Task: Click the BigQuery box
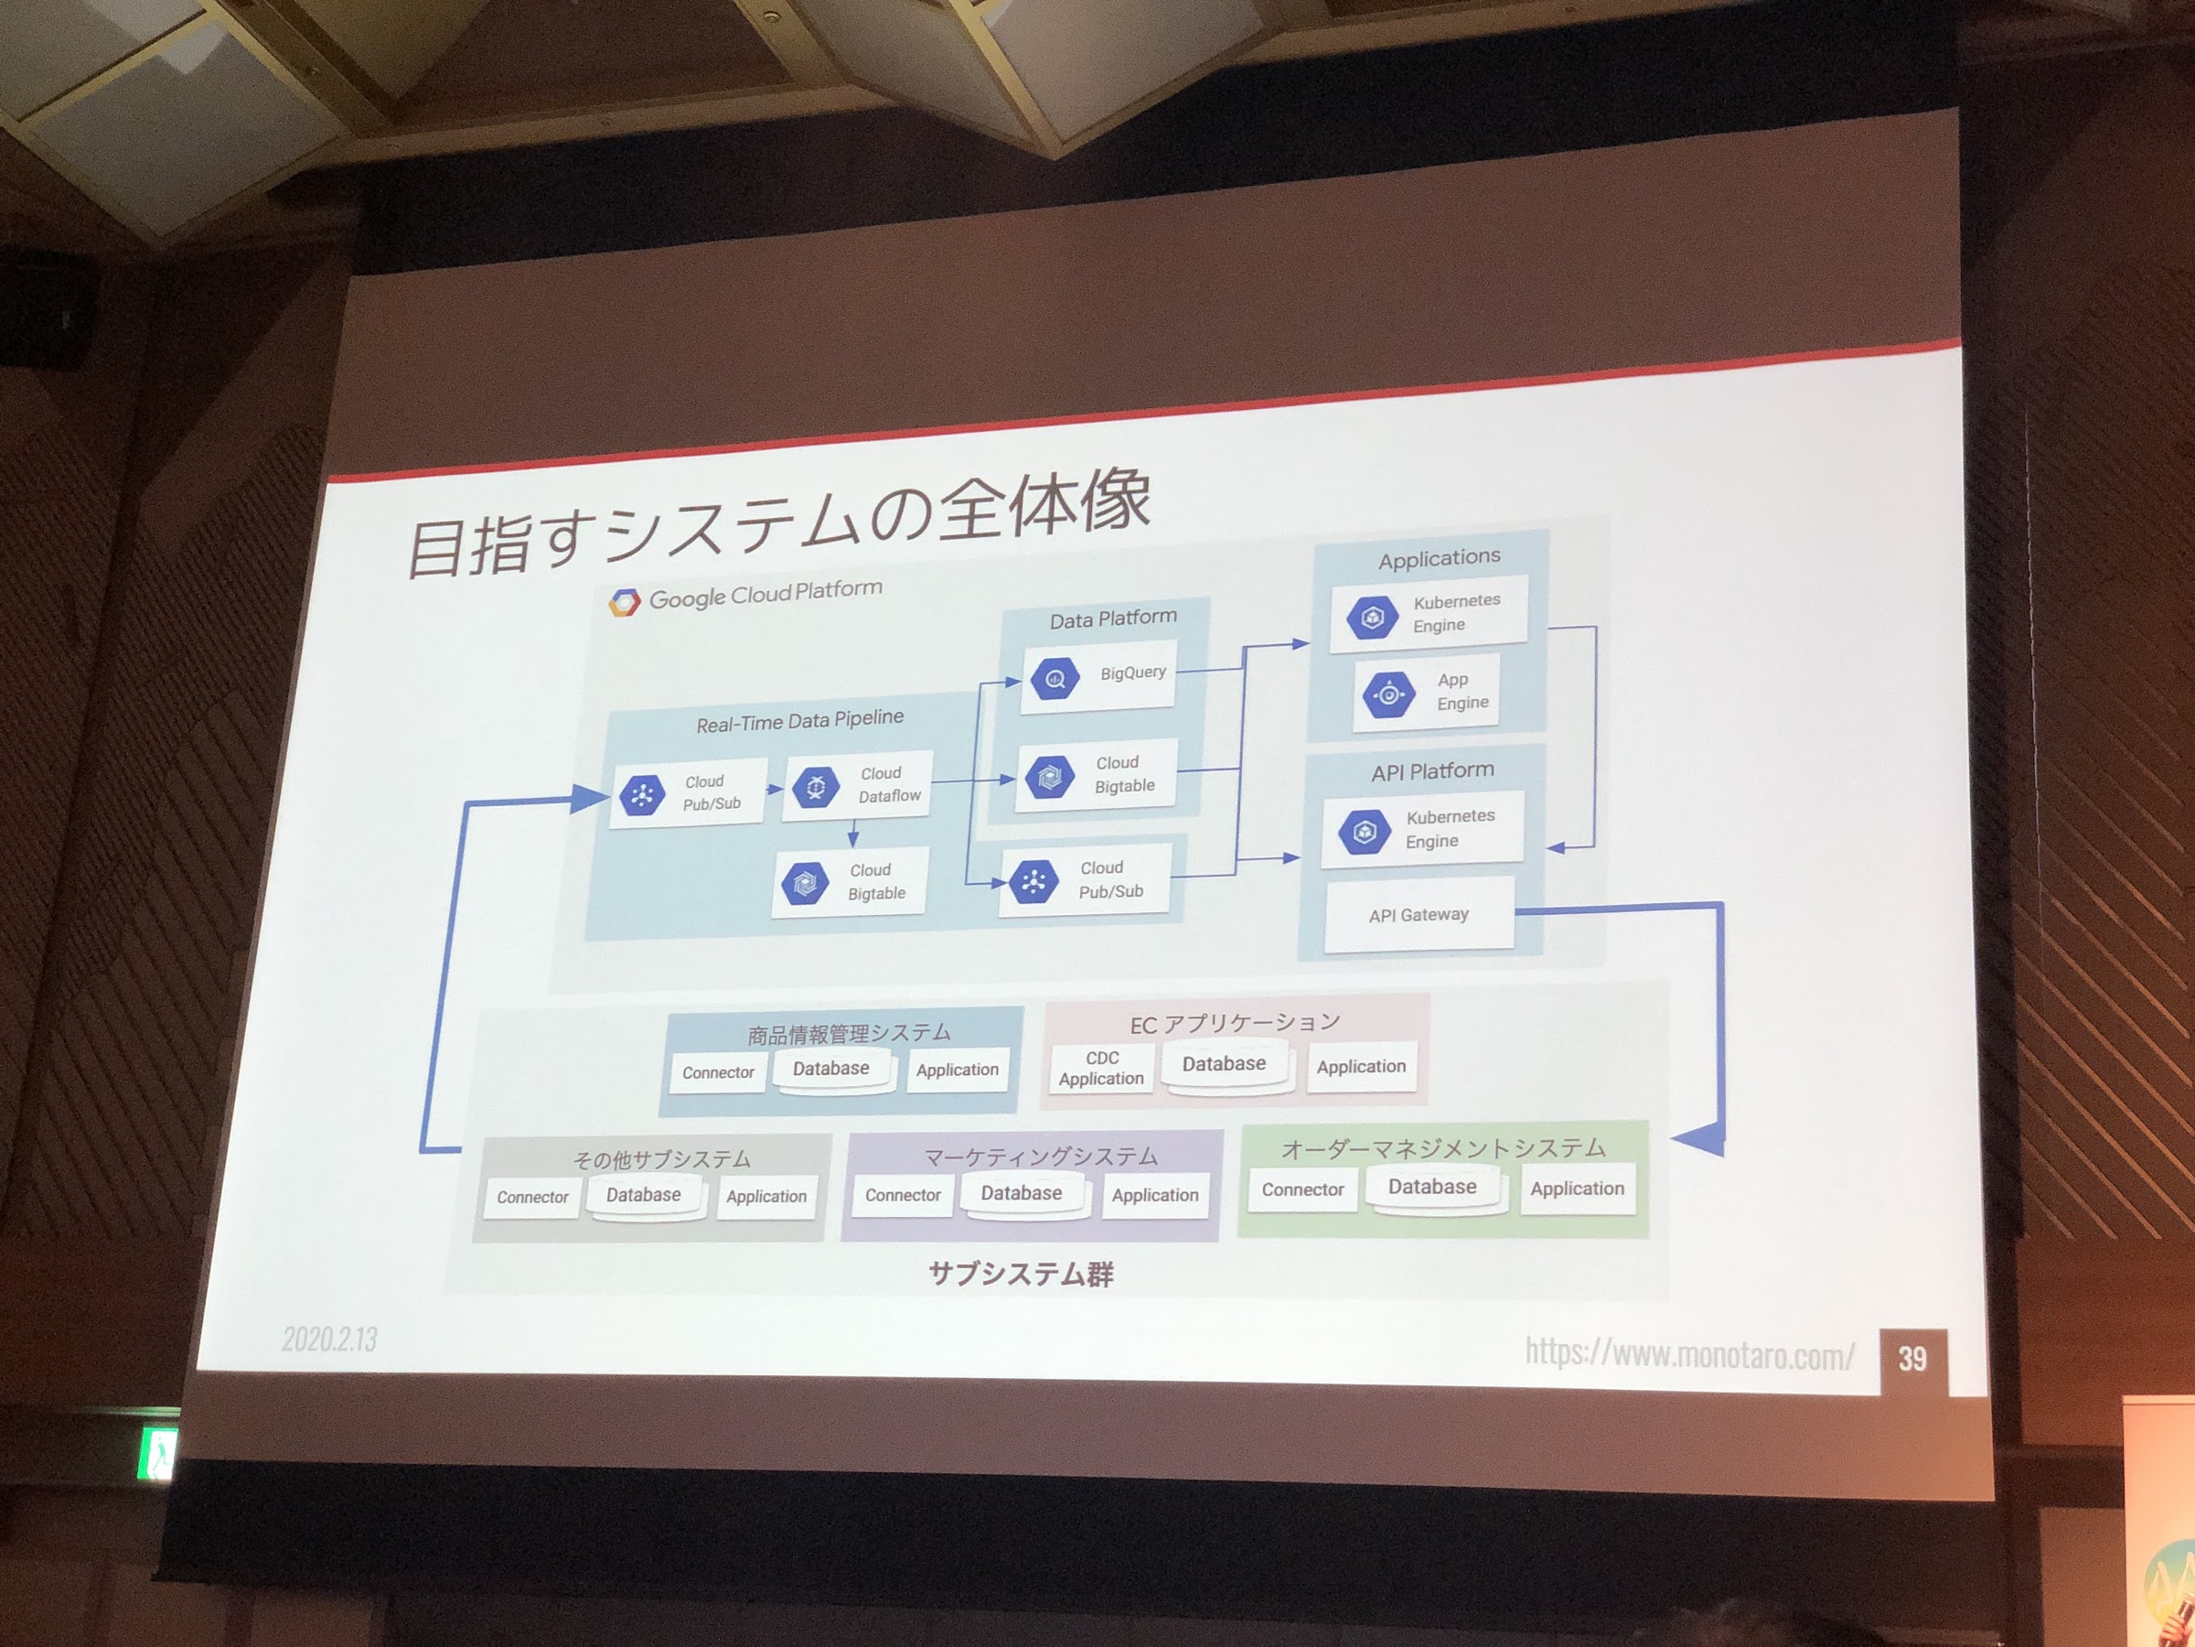pos(1099,677)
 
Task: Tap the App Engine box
pos(1426,693)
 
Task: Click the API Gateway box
pos(1419,915)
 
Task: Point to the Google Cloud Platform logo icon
pos(624,602)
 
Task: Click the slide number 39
pos(1912,1358)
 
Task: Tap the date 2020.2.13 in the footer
pos(329,1340)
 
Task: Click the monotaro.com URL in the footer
pos(1689,1353)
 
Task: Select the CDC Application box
pos(1100,1068)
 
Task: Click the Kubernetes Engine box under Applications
pos(1428,614)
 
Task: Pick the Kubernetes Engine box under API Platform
pos(1422,829)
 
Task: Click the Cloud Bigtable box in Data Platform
pos(1096,775)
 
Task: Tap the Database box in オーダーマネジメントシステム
pos(1432,1188)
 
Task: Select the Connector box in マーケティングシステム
pos(902,1195)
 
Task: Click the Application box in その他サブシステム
pos(766,1197)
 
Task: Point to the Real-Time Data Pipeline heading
pos(800,721)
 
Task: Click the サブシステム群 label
pos(1021,1274)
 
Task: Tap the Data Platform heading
pos(1113,619)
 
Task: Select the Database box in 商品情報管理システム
pos(830,1070)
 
